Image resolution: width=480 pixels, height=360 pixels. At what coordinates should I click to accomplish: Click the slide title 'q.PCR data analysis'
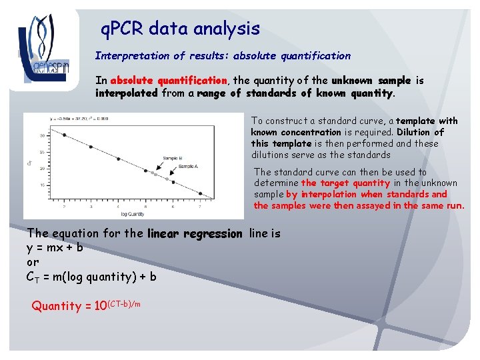[179, 29]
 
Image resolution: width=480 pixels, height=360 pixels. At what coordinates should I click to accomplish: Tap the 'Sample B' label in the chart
[173, 158]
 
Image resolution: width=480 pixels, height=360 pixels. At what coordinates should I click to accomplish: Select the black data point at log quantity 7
[200, 193]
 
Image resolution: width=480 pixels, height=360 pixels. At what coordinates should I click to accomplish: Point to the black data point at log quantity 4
[118, 159]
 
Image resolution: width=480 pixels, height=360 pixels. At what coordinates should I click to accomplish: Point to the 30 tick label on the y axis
[42, 135]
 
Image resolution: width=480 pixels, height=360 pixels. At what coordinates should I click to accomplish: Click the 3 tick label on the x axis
[90, 207]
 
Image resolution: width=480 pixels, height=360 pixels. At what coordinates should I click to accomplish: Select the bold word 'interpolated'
[127, 93]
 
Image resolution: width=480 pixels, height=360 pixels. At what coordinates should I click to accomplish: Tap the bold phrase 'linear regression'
[195, 234]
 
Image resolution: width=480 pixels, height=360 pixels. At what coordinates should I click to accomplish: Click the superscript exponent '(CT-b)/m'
[125, 303]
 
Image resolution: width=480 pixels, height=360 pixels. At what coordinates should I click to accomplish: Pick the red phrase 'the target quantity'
[345, 183]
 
